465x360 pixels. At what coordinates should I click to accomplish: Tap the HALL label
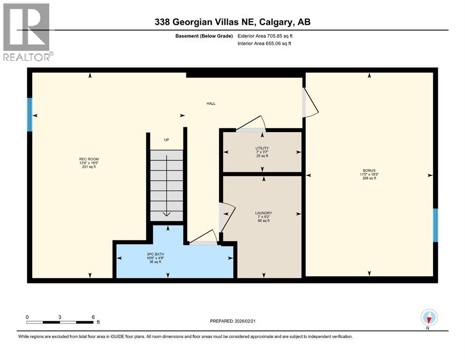[211, 104]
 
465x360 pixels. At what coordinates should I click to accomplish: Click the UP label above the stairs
[166, 140]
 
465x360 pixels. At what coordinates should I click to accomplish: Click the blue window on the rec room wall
[30, 115]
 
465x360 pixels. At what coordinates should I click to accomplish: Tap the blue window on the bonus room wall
[435, 225]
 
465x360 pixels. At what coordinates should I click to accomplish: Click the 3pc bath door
[204, 237]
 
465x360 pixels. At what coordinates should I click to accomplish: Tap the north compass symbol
[429, 318]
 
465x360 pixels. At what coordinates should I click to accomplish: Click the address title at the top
[232, 22]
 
